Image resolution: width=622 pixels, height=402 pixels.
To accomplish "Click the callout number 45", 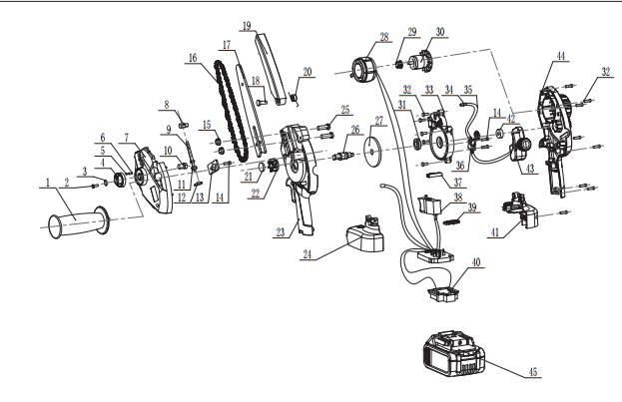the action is click(533, 372).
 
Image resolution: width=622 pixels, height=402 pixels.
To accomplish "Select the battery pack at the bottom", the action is click(454, 354).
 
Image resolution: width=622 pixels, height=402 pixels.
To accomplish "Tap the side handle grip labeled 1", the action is click(79, 222).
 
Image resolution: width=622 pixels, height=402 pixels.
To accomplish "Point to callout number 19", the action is click(247, 26).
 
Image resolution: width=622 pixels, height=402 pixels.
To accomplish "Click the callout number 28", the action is click(384, 37).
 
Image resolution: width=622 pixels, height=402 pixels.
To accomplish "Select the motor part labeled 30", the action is click(420, 62).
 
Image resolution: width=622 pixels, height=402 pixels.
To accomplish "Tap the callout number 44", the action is click(560, 56).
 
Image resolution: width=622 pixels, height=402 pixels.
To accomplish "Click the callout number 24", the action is click(308, 254).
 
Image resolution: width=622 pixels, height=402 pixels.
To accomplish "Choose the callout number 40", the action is click(475, 262).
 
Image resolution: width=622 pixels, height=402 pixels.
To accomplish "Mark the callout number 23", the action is click(281, 231).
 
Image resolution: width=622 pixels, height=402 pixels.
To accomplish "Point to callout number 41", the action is click(494, 231).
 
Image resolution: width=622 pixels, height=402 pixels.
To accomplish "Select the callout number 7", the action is click(126, 138).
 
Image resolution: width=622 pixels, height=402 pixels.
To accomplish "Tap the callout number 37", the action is click(458, 182).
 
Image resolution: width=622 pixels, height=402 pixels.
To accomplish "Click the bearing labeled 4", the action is click(119, 180).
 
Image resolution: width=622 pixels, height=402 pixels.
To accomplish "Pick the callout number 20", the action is click(308, 72).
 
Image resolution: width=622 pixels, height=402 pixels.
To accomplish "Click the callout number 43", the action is click(530, 169).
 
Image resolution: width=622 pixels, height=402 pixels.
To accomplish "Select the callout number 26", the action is click(355, 130).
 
